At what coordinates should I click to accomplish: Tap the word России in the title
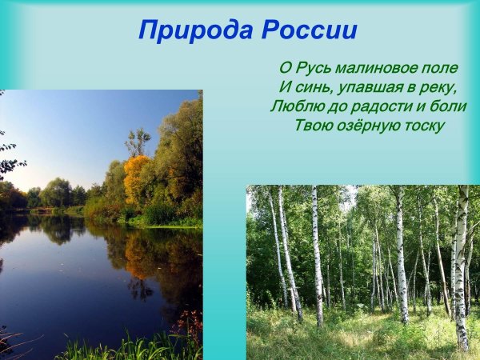tap(307, 30)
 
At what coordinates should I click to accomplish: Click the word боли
tap(448, 106)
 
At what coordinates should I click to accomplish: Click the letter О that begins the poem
tap(284, 68)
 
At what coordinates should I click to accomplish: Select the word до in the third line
tap(334, 106)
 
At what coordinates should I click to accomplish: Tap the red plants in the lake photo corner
tap(190, 324)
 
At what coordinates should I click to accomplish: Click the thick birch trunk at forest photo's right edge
tap(461, 264)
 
